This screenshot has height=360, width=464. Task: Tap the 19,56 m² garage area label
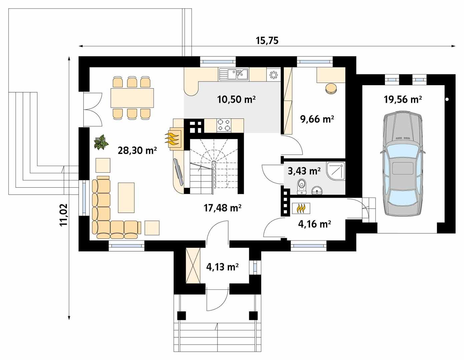[x=403, y=99]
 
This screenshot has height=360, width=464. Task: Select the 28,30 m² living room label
[x=137, y=151]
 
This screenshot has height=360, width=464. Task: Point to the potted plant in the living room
[x=101, y=142]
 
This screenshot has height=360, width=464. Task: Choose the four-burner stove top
[x=224, y=125]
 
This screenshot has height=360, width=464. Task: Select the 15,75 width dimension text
[x=267, y=41]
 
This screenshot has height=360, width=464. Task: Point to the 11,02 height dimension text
[x=64, y=215]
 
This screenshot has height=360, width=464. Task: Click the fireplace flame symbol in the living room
[x=173, y=138]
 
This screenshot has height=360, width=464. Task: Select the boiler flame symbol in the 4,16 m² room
[x=301, y=208]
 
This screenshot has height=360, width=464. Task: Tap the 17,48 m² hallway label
[x=222, y=208]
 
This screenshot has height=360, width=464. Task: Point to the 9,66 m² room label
[x=317, y=119]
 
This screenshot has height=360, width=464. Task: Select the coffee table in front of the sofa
[x=126, y=198]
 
